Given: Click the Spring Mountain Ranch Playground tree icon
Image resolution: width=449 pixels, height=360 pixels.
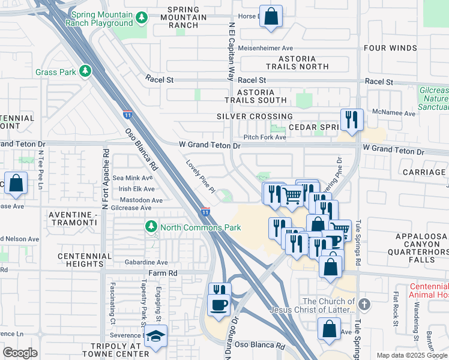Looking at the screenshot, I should click(x=142, y=18).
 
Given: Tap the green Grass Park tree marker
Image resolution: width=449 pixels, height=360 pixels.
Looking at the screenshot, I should click(x=86, y=71).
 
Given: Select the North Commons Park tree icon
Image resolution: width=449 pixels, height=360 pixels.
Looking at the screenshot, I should click(x=151, y=227).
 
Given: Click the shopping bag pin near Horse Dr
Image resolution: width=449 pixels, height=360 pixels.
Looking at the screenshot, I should click(x=271, y=17).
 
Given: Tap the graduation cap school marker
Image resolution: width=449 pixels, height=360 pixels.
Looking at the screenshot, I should click(x=157, y=337).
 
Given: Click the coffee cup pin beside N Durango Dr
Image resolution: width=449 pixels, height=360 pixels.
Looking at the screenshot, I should click(x=218, y=304).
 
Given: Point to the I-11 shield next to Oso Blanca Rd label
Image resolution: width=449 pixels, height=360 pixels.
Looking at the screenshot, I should click(x=127, y=113).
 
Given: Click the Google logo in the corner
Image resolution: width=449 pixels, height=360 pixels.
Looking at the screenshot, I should click(x=20, y=353).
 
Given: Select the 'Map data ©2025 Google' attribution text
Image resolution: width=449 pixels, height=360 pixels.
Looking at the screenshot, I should click(x=411, y=355).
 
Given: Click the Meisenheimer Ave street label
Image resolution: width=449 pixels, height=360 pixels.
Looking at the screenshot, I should click(x=265, y=48).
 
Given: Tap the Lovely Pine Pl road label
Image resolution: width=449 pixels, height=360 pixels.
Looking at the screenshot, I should click(x=200, y=176).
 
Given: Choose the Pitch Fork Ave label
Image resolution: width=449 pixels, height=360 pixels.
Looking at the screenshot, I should click(x=265, y=137).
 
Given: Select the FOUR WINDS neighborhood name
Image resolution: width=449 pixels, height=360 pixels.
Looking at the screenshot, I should click(x=390, y=48).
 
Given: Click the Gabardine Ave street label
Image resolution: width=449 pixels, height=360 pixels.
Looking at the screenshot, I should click(x=146, y=262).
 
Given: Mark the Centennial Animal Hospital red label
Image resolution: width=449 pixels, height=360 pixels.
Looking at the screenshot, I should click(x=429, y=290).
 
